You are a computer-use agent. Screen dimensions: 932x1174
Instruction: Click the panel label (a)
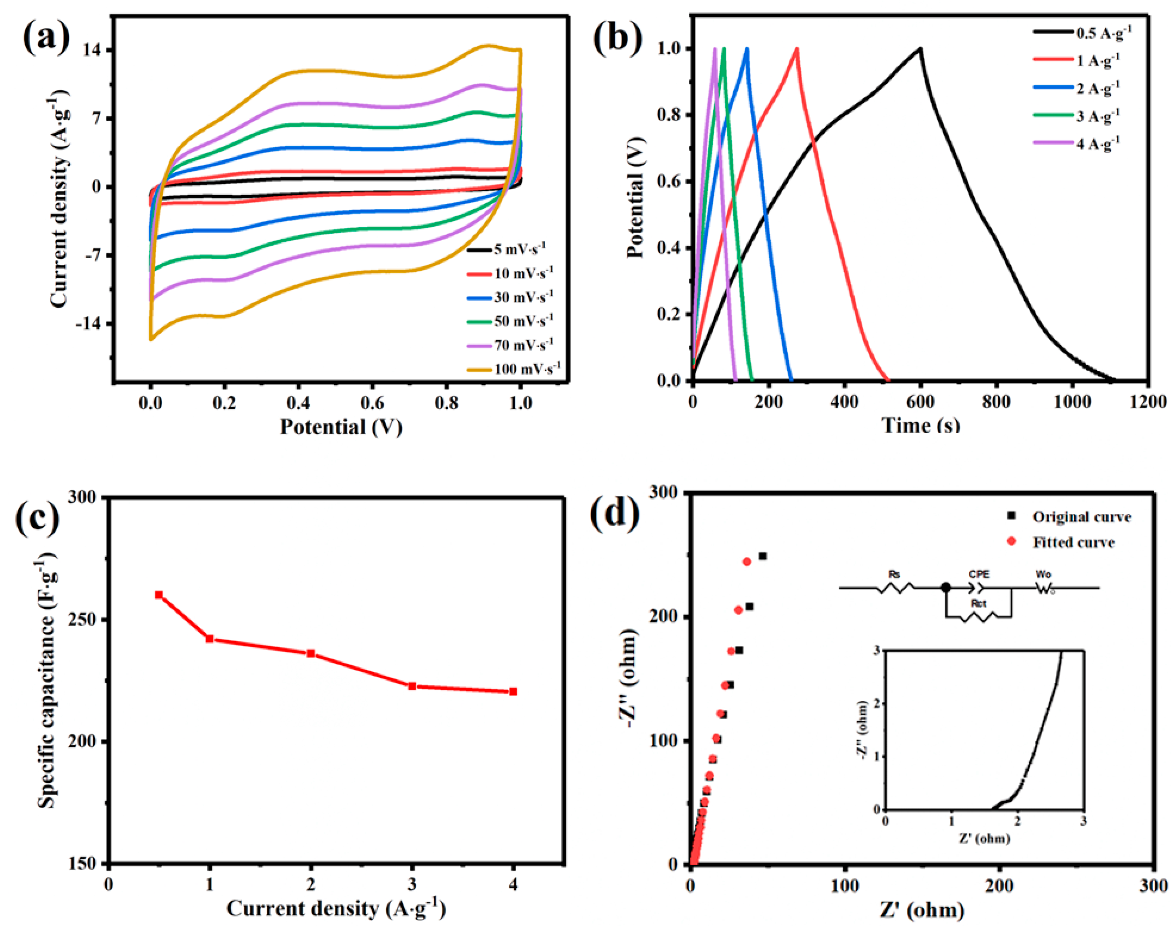pyautogui.click(x=46, y=37)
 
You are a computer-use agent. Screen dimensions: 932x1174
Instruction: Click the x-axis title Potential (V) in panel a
pyautogui.click(x=341, y=427)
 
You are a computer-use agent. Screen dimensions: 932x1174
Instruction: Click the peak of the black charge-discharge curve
pyautogui.click(x=920, y=48)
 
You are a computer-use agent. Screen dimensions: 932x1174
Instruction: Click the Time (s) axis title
pyautogui.click(x=920, y=425)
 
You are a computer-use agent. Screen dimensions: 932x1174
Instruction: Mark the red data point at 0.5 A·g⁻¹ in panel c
pyautogui.click(x=159, y=595)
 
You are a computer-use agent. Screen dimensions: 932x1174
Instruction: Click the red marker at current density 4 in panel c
pyautogui.click(x=513, y=692)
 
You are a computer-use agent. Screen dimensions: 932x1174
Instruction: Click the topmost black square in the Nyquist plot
pyautogui.click(x=763, y=556)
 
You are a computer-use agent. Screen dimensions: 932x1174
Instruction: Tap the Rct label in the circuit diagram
pyautogui.click(x=979, y=604)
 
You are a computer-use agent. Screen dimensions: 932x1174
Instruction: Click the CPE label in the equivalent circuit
pyautogui.click(x=979, y=574)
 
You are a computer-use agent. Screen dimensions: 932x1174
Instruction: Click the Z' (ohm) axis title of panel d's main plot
pyautogui.click(x=921, y=910)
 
